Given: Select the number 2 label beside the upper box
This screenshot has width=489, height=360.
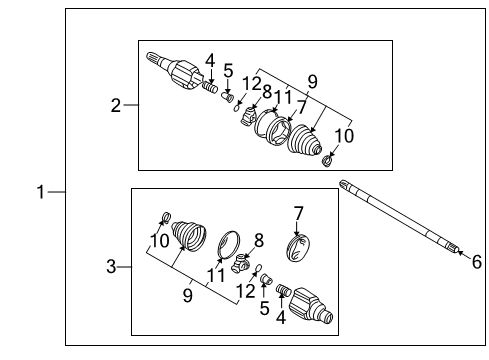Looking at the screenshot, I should pyautogui.click(x=116, y=105).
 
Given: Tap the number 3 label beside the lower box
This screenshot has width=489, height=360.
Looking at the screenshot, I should pyautogui.click(x=112, y=266).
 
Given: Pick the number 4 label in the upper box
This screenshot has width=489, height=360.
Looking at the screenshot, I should pyautogui.click(x=210, y=61).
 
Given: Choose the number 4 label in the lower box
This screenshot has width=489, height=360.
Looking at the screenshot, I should pyautogui.click(x=281, y=319).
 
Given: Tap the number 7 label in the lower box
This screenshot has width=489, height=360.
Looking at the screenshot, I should pyautogui.click(x=297, y=212).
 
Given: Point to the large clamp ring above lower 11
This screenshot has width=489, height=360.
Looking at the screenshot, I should pyautogui.click(x=229, y=242).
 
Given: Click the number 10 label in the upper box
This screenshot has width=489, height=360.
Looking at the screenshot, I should pyautogui.click(x=343, y=136).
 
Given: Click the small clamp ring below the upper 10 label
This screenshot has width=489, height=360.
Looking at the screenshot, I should pyautogui.click(x=328, y=161).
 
